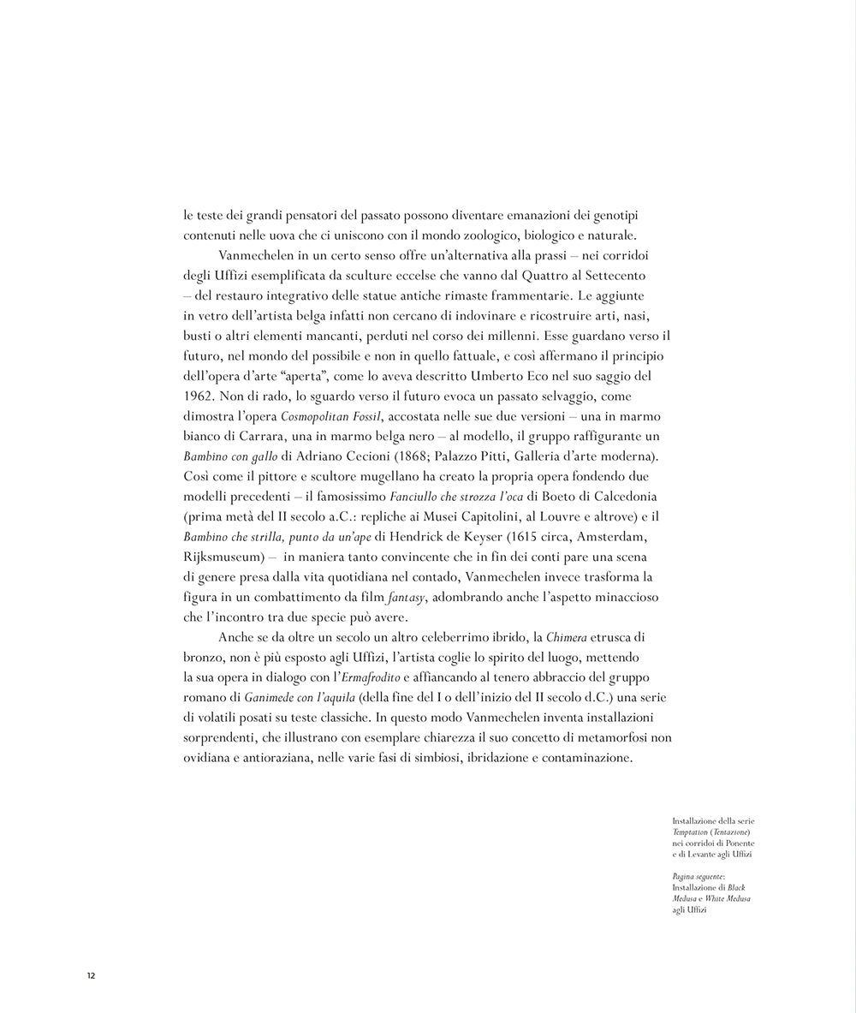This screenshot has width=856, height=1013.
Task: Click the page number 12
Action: tap(90, 975)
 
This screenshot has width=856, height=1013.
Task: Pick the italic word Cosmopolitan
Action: tap(313, 416)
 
